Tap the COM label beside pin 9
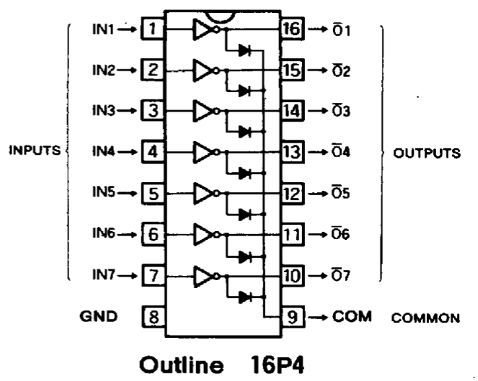[347, 316]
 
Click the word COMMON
[425, 317]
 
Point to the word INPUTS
[34, 152]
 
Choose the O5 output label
[341, 194]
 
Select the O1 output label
[341, 30]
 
